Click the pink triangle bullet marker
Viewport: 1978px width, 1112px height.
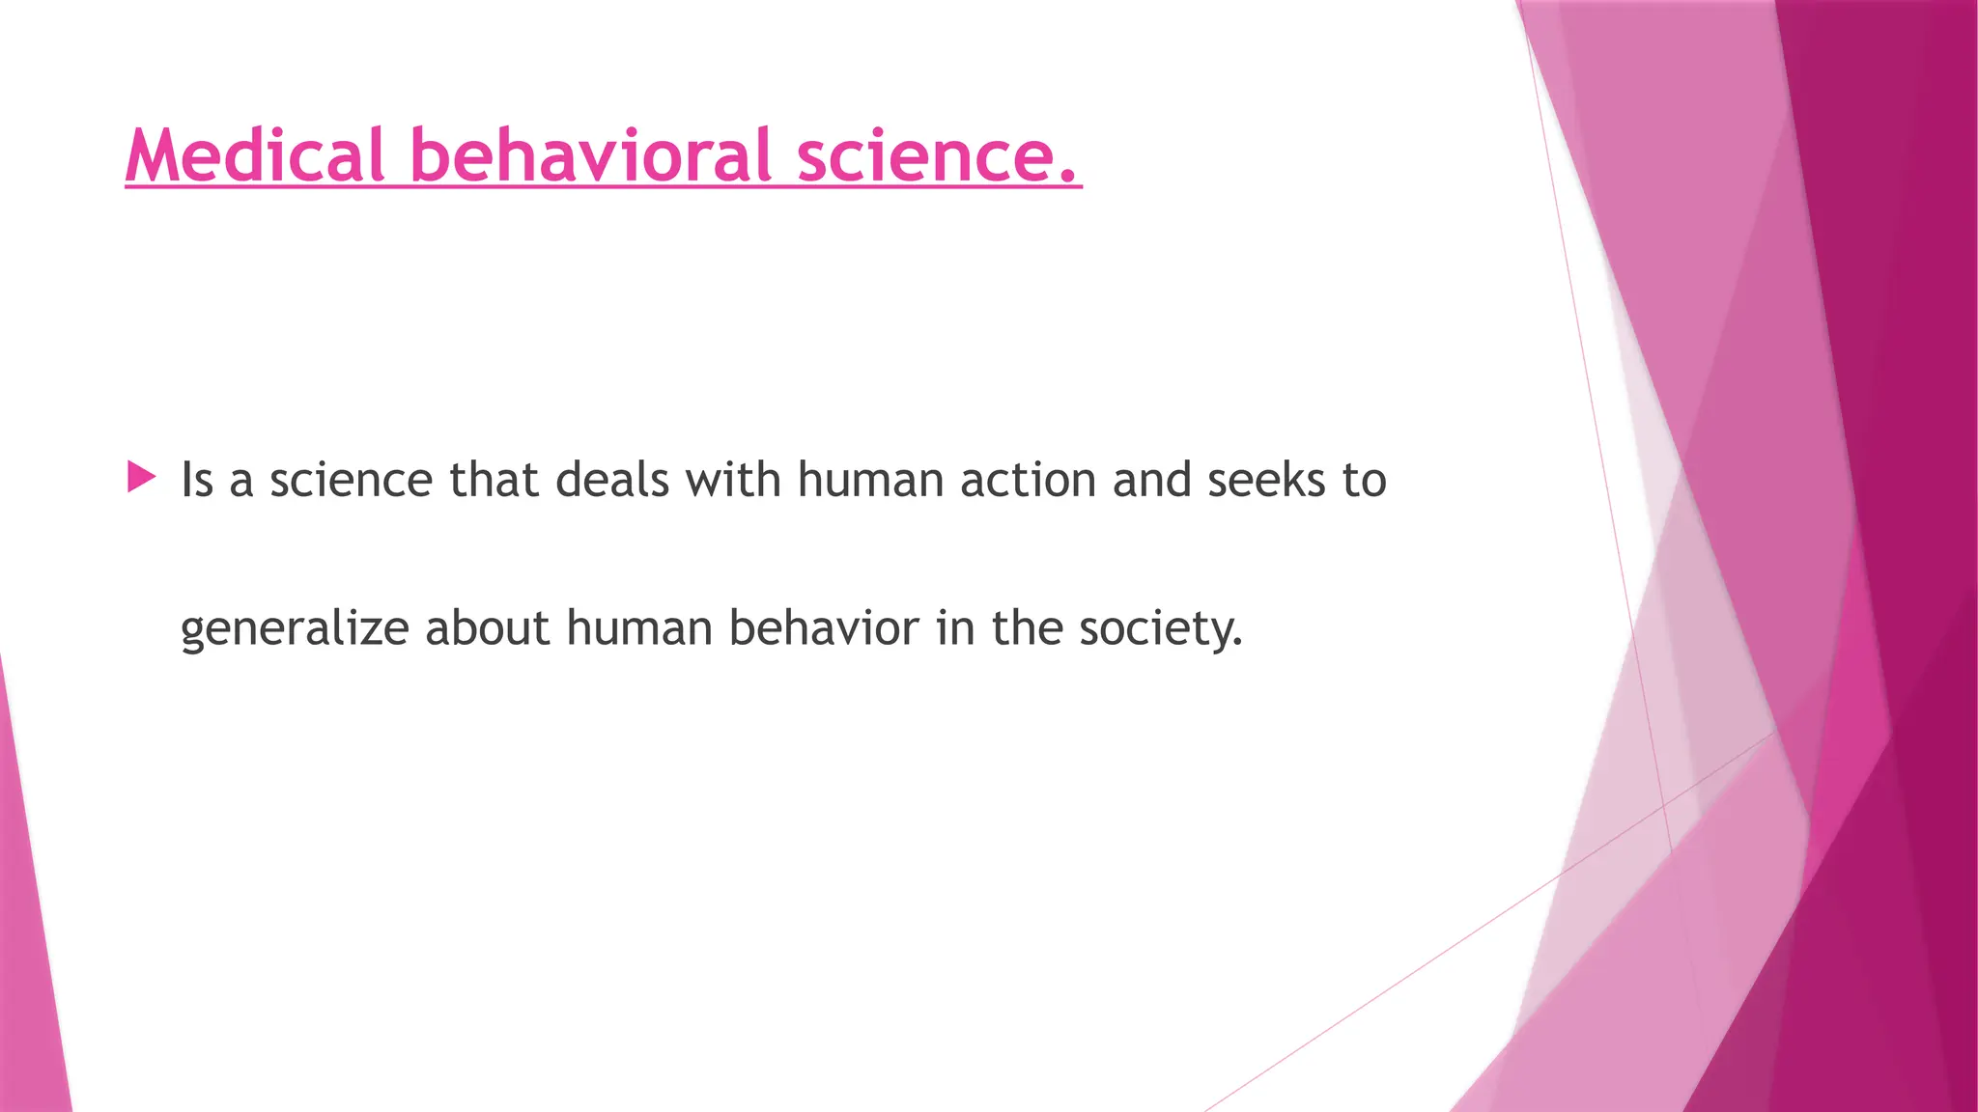click(141, 477)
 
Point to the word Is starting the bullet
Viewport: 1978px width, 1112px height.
click(197, 480)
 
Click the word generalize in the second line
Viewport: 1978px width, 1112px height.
click(295, 629)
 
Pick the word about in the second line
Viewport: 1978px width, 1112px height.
click(487, 627)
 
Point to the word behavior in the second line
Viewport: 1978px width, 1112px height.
click(823, 627)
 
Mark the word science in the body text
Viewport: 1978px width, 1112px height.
click(351, 480)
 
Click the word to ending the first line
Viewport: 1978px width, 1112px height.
click(1364, 480)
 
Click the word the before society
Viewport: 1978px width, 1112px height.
click(1027, 627)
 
